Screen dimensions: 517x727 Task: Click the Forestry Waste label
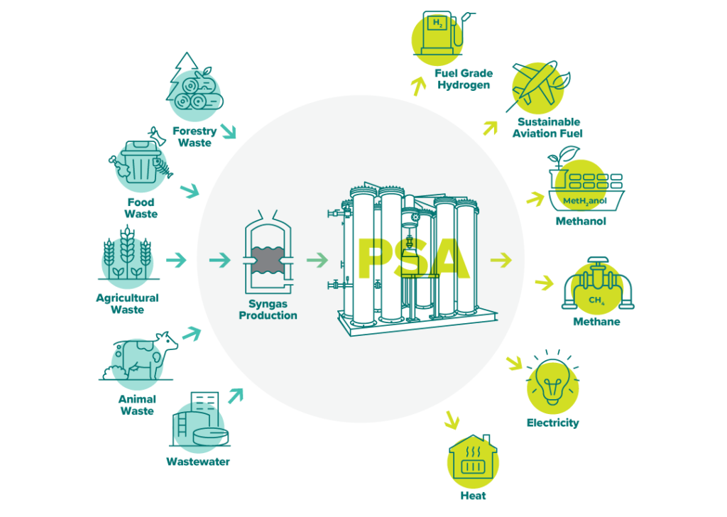click(x=195, y=137)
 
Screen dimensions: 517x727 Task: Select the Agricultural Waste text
click(x=127, y=303)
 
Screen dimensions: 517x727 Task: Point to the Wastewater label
click(x=198, y=462)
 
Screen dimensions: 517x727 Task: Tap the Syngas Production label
click(x=268, y=310)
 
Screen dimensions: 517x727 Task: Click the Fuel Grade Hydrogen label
click(x=464, y=79)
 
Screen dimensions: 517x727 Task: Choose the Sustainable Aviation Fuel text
click(x=548, y=128)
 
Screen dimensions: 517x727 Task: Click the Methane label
click(x=596, y=322)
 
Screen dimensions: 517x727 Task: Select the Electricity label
click(x=552, y=423)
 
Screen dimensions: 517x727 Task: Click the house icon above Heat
click(x=473, y=460)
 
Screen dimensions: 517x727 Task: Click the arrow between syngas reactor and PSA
click(x=318, y=261)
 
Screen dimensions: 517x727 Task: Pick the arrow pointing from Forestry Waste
click(x=229, y=131)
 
